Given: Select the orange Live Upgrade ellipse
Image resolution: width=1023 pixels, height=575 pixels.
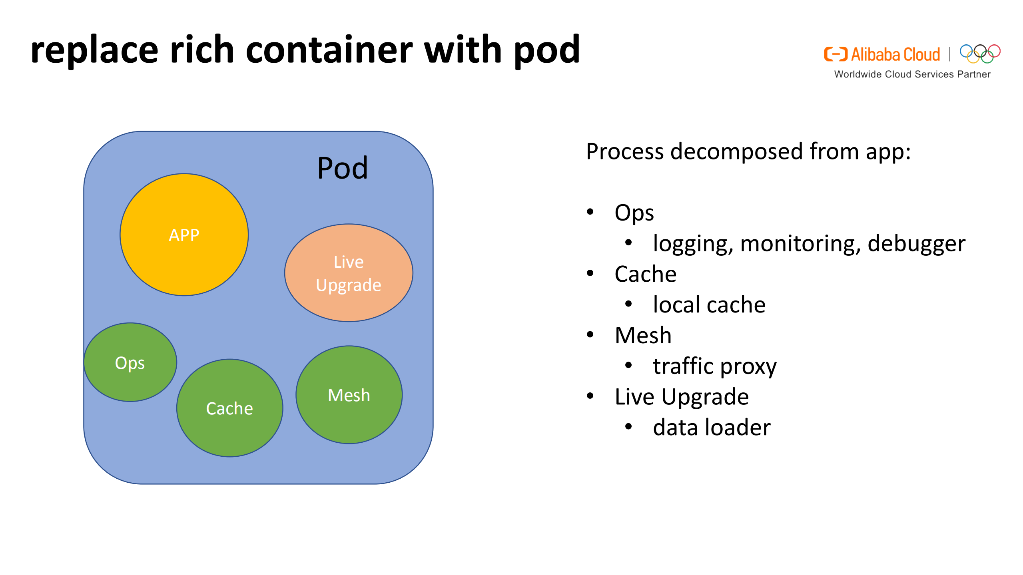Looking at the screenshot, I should [348, 273].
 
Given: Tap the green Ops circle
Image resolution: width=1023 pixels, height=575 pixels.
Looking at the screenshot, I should [130, 362].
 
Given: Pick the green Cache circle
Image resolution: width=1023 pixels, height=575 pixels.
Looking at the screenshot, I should [229, 408].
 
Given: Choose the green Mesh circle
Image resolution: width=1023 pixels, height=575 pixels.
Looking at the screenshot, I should [349, 395].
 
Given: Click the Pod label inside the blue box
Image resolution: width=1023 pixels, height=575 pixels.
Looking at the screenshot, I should [342, 168].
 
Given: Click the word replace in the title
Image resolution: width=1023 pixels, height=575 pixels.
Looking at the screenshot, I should [94, 50].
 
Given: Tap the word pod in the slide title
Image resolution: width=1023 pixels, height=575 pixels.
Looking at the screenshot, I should [546, 50].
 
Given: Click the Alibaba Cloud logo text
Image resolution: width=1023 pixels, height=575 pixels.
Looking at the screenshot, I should [895, 55].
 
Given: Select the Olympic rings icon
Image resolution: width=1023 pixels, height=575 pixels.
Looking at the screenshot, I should [980, 54].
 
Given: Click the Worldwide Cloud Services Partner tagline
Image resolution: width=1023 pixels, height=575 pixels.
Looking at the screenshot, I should [912, 74].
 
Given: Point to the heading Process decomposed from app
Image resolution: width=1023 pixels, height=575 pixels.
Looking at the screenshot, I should [748, 151].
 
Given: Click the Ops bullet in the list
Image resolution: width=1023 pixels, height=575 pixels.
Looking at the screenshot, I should [634, 213].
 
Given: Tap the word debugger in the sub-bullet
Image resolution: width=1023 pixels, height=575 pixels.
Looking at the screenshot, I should [916, 243].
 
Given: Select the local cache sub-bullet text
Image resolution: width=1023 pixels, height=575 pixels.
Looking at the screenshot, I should [709, 305].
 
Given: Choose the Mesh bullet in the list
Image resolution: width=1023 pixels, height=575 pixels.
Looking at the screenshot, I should [643, 335].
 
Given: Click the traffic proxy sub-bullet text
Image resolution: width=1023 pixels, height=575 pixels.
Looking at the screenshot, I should [714, 366].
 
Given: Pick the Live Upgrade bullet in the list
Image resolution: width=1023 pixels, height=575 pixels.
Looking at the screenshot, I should [682, 397].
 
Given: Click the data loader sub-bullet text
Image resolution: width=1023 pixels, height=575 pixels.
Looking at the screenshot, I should [712, 428].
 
